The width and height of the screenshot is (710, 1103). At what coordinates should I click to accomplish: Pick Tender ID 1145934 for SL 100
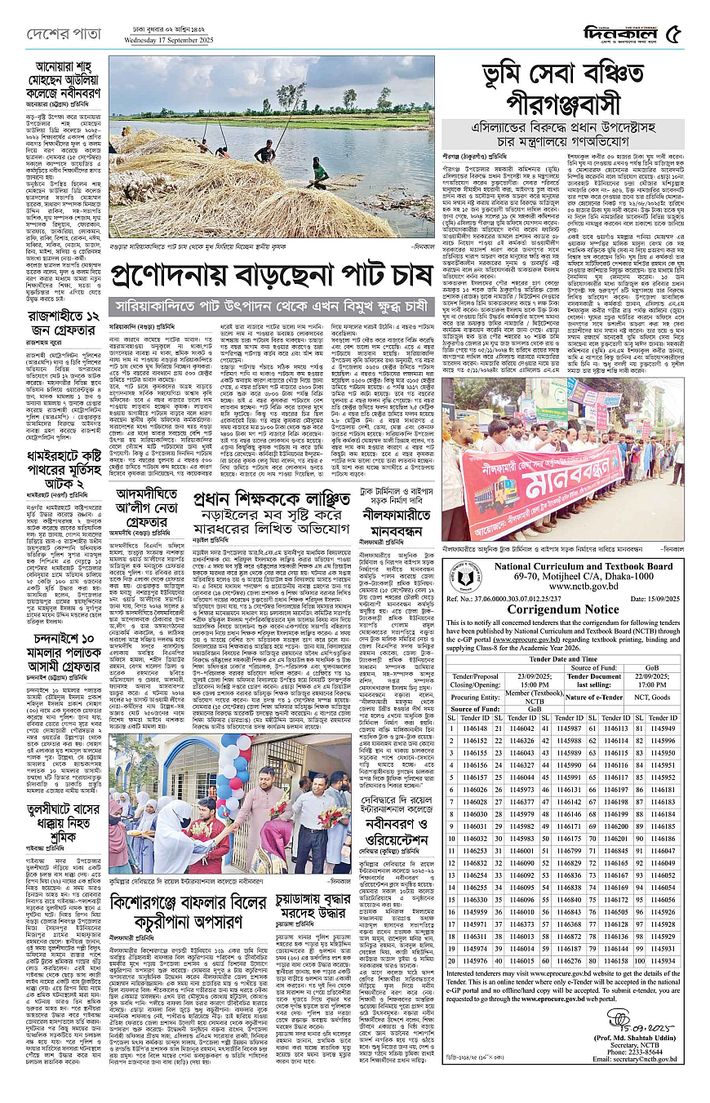click(x=663, y=960)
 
